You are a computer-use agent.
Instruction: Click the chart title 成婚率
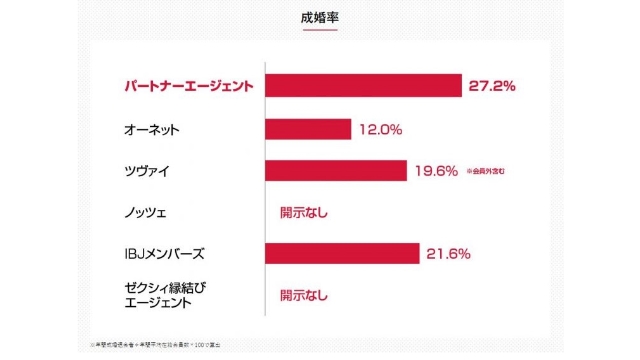point(319,17)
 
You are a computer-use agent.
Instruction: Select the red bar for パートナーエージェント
point(363,87)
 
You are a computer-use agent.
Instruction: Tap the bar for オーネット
point(308,129)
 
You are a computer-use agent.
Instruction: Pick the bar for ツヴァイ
point(336,171)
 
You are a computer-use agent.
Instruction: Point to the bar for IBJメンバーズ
point(342,254)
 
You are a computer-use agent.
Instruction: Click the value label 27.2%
point(491,87)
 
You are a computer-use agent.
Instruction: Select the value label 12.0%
point(381,129)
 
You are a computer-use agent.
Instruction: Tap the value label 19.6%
point(436,171)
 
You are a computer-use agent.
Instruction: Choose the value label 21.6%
point(448,254)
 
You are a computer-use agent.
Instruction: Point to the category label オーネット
point(152,130)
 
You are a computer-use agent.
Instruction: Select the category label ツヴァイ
point(145,171)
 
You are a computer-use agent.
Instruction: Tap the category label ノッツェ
point(145,212)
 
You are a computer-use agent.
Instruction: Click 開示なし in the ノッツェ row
point(303,212)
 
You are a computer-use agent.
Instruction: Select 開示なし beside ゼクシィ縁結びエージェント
point(303,295)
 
